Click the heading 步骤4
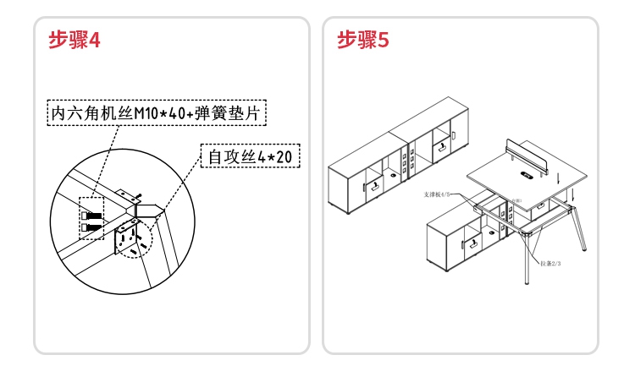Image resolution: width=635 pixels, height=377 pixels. pyautogui.click(x=75, y=41)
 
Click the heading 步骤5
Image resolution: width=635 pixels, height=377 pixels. pyautogui.click(x=362, y=41)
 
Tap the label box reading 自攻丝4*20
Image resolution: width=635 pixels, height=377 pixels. pyautogui.click(x=250, y=156)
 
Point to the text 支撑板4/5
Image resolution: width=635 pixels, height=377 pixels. pyautogui.click(x=439, y=194)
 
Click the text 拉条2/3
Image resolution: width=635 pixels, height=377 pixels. pyautogui.click(x=551, y=264)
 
